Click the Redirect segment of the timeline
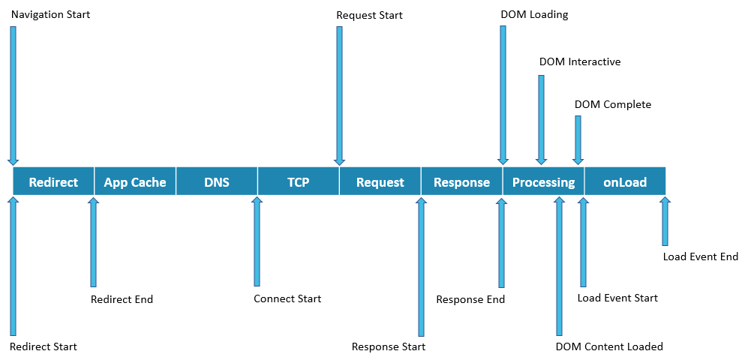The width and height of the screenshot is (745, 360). click(x=53, y=181)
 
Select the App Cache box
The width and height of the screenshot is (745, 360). click(x=135, y=181)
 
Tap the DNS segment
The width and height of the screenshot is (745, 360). click(x=216, y=181)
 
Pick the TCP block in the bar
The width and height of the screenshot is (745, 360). click(x=298, y=181)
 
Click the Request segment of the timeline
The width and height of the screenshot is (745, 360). click(x=380, y=181)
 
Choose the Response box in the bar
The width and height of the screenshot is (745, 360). click(x=461, y=181)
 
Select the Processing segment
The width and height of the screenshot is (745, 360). click(x=543, y=181)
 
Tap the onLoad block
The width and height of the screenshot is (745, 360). click(x=624, y=181)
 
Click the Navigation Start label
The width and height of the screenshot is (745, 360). click(x=50, y=14)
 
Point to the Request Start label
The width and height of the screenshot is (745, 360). click(x=369, y=15)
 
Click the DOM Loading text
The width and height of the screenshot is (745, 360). click(x=534, y=14)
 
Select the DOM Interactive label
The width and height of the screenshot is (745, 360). click(x=580, y=61)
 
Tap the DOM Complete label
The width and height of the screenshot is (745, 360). click(x=613, y=104)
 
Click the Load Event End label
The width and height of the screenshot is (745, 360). click(x=701, y=256)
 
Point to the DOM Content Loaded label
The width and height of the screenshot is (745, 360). click(x=609, y=346)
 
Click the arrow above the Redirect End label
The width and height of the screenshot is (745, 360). click(x=93, y=241)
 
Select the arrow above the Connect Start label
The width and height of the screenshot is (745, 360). click(x=257, y=241)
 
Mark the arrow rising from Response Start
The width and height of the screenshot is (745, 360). click(x=421, y=266)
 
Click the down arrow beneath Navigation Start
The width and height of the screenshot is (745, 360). click(x=13, y=94)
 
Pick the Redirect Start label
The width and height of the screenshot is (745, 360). click(x=43, y=346)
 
